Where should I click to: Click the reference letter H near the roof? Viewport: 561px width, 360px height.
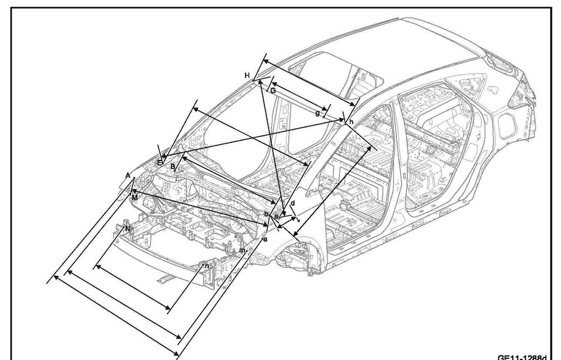click(248, 75)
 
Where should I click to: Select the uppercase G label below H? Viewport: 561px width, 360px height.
click(273, 90)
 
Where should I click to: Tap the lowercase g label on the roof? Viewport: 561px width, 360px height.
click(318, 112)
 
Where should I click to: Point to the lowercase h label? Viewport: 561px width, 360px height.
click(352, 123)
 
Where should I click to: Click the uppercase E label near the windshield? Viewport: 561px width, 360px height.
click(160, 162)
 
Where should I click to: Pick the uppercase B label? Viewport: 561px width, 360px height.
click(173, 166)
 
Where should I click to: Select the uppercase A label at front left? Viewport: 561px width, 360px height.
click(128, 175)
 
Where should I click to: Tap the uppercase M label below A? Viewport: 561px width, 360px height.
click(134, 198)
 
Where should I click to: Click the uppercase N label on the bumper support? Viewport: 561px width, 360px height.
click(127, 228)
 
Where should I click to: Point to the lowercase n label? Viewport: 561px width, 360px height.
click(207, 265)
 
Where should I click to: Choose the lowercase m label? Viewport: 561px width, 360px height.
click(242, 250)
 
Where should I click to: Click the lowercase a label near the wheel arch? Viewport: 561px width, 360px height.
click(265, 240)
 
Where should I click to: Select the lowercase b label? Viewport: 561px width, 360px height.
click(266, 214)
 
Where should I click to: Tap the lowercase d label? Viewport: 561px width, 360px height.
click(293, 203)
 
